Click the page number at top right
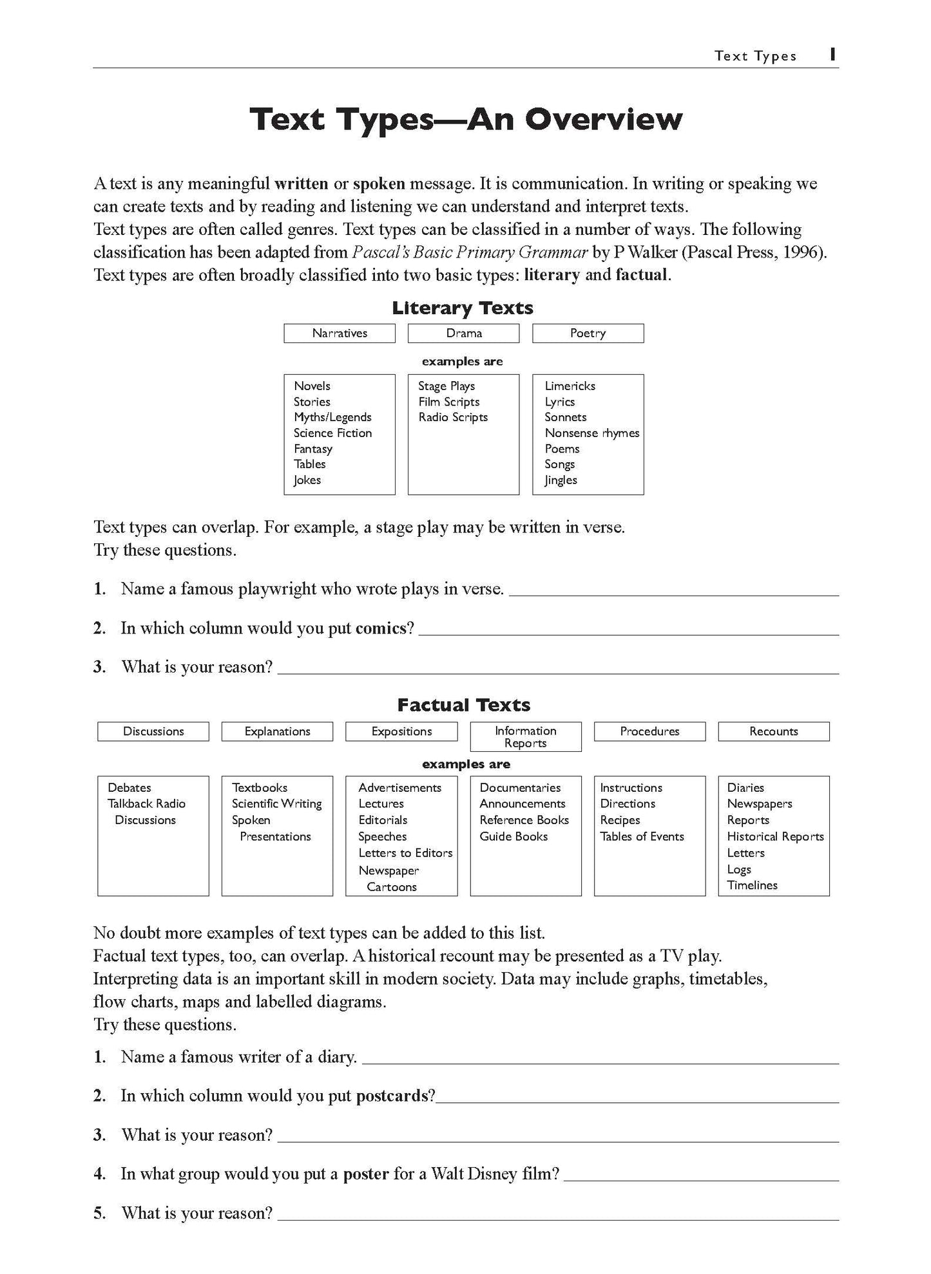832,55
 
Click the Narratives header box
340,333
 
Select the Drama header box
463,333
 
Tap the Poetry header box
588,333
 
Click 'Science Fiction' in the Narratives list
332,433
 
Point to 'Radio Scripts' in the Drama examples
453,417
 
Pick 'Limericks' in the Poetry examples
570,386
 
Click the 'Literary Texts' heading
463,308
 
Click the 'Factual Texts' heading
463,706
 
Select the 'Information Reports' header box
526,737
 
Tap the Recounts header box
773,732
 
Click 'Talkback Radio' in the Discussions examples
146,804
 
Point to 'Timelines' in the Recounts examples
752,886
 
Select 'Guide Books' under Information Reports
513,837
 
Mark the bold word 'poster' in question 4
365,1174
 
